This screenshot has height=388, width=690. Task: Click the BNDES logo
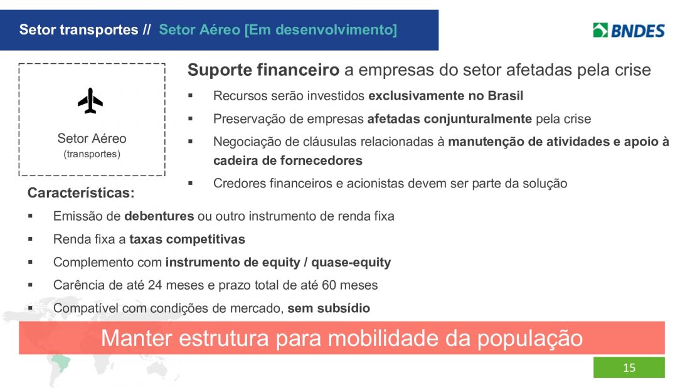(629, 30)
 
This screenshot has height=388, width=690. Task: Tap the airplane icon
(90, 101)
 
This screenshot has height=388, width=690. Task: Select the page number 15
(629, 368)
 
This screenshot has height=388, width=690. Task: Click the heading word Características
(81, 192)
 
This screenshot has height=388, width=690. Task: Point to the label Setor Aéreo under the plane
(92, 138)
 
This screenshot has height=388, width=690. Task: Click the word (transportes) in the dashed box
(92, 154)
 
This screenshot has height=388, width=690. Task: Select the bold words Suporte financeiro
(263, 70)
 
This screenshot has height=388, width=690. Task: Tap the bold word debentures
(159, 216)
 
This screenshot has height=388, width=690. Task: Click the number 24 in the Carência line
(155, 285)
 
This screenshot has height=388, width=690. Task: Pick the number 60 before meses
(329, 285)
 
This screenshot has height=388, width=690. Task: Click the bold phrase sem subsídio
(329, 308)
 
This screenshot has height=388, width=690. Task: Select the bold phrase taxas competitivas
(187, 239)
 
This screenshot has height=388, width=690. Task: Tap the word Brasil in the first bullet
(505, 95)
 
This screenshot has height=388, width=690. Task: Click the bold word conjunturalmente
(477, 118)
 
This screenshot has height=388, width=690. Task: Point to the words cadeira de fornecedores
(288, 160)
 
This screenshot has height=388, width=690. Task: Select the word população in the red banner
(530, 338)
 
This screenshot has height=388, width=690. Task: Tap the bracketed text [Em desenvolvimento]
(321, 29)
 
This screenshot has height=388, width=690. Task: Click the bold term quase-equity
(351, 262)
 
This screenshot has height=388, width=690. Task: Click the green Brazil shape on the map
(60, 362)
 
